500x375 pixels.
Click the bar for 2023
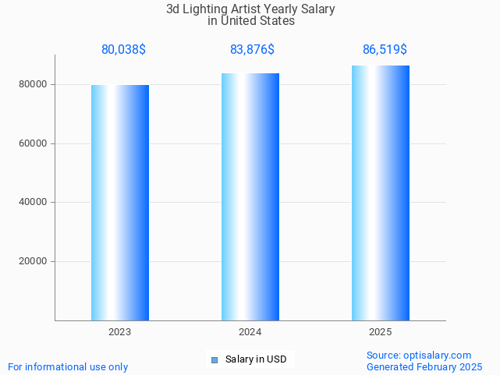point(120,203)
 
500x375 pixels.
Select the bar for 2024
point(250,196)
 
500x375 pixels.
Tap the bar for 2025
point(381,193)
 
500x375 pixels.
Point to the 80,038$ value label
point(123,50)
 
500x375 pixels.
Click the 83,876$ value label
point(252,50)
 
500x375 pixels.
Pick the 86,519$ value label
point(385,50)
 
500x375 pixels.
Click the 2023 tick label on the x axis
point(120,332)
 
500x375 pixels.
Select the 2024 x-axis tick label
point(250,332)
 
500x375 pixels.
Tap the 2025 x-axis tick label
point(381,332)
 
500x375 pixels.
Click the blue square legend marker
point(215,359)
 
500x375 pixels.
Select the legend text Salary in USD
point(256,359)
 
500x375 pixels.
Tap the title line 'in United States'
point(251,21)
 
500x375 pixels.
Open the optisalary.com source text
point(419,355)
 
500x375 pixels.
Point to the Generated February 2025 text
point(424,366)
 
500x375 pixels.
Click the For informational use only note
point(68,366)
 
